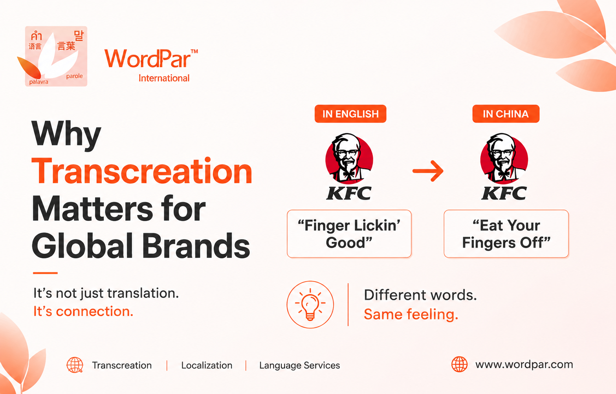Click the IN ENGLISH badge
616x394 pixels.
350,114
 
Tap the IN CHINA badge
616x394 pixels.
506,114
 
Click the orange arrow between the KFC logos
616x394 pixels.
428,171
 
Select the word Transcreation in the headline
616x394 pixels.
142,171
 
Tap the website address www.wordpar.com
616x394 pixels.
524,364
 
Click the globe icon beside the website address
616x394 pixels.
460,364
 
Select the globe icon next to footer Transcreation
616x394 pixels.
75,365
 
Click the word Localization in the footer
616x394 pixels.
207,365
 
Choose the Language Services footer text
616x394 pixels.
299,365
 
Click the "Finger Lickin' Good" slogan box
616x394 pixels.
349,234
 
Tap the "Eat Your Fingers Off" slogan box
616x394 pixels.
506,234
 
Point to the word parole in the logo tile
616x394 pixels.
74,76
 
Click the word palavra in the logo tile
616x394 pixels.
39,82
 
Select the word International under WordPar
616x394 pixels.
164,78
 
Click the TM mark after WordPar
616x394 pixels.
194,51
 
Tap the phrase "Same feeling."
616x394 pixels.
411,314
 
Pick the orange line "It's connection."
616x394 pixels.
83,312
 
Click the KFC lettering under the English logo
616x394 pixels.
349,193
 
